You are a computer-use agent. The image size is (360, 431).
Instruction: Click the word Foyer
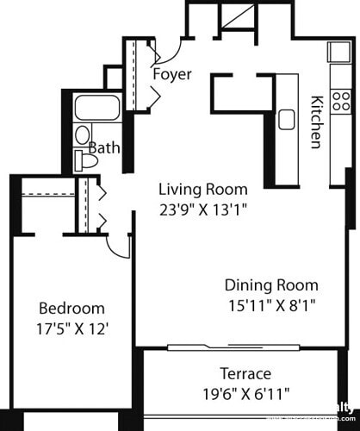tap(171, 74)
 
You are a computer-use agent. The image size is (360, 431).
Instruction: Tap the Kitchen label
tap(316, 121)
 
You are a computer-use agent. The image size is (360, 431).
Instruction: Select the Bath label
tap(104, 148)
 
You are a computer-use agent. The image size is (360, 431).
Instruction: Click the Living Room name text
tap(202, 190)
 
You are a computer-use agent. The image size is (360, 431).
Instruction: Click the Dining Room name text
tap(271, 285)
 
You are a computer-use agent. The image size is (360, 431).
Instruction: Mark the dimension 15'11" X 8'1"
tap(271, 304)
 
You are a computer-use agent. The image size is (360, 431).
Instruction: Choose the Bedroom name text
tap(72, 308)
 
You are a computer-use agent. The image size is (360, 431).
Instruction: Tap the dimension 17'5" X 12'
tap(72, 328)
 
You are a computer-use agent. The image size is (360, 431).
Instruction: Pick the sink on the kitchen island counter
tap(286, 118)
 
